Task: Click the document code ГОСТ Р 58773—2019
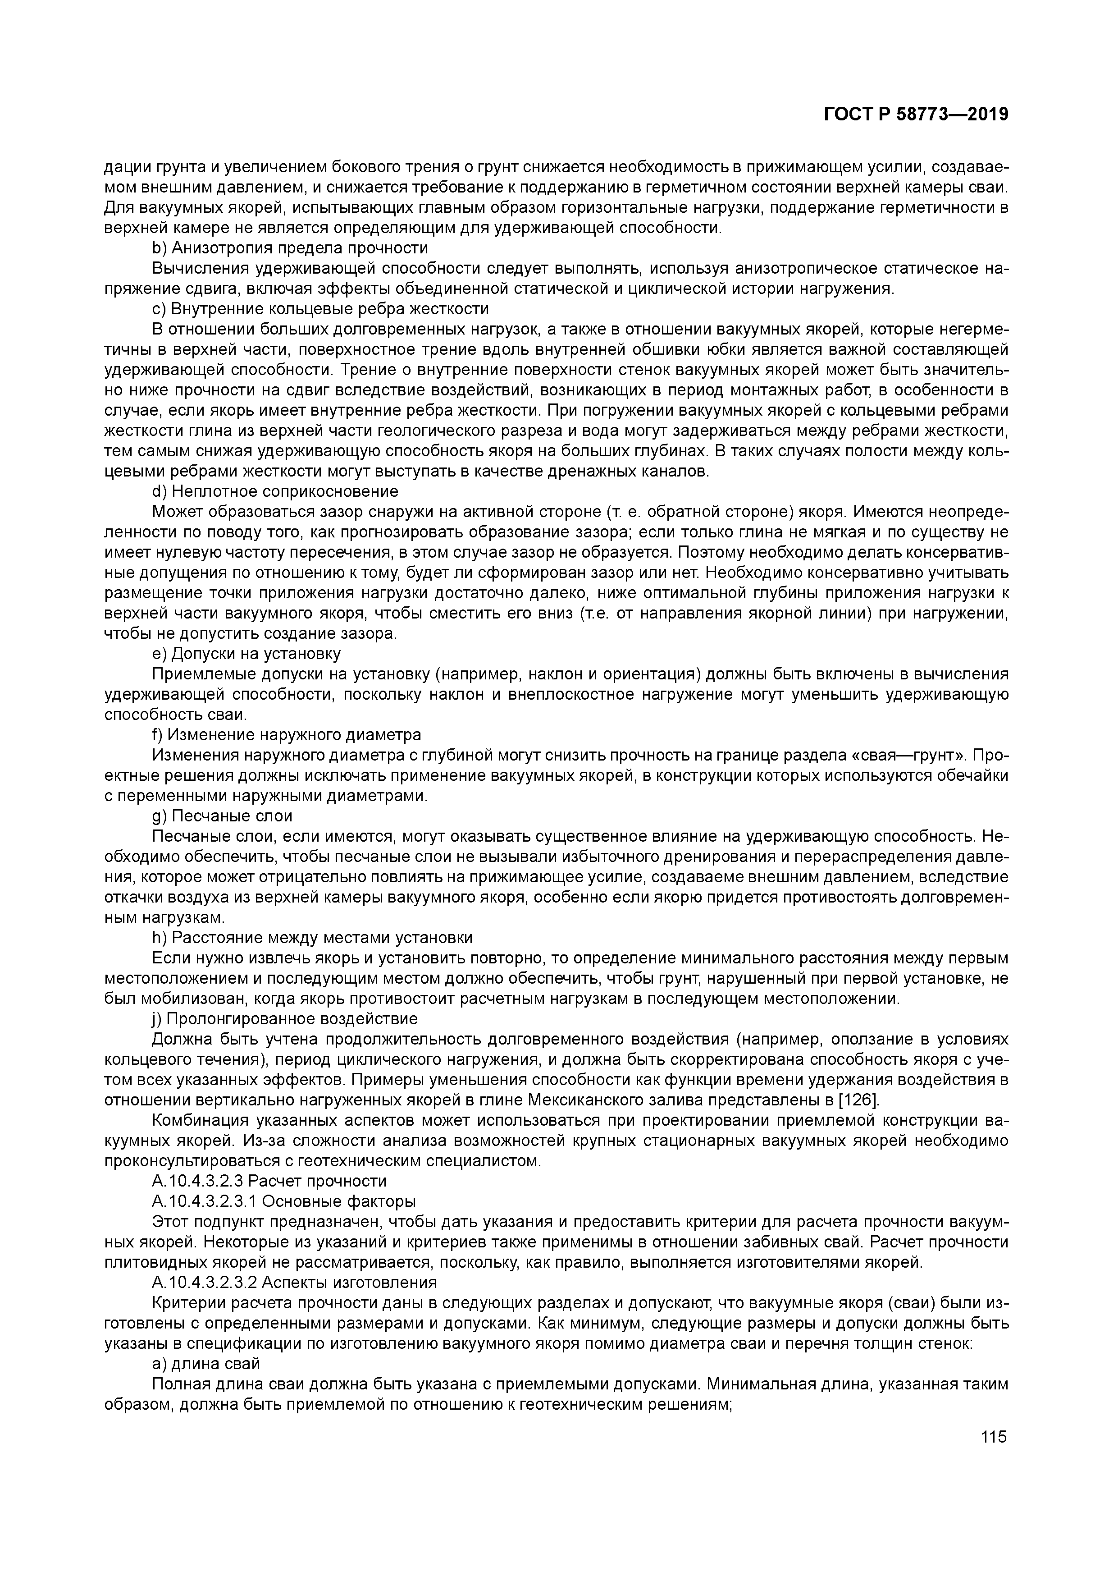click(x=916, y=115)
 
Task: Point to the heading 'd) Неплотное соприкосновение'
click(x=275, y=492)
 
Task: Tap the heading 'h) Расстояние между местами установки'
click(x=312, y=938)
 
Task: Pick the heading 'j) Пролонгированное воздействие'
click(x=284, y=1018)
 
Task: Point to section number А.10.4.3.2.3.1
click(x=205, y=1201)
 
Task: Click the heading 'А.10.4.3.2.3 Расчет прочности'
click(x=269, y=1182)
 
